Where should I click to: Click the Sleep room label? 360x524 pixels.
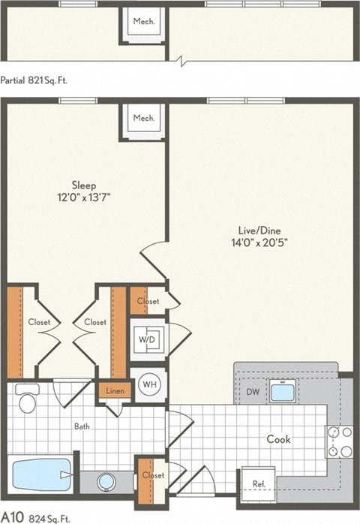click(x=83, y=185)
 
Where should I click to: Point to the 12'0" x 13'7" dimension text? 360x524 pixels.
click(x=83, y=197)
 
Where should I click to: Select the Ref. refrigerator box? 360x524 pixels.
click(x=257, y=483)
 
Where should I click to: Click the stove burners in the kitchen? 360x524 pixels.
click(x=337, y=441)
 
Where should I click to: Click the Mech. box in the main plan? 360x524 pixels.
click(x=143, y=119)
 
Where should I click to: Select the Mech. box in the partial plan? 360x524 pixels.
click(x=143, y=22)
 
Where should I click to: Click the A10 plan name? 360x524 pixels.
click(x=12, y=516)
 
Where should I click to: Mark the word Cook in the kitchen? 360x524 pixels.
click(x=279, y=439)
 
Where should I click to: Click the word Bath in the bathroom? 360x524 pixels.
click(x=82, y=426)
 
